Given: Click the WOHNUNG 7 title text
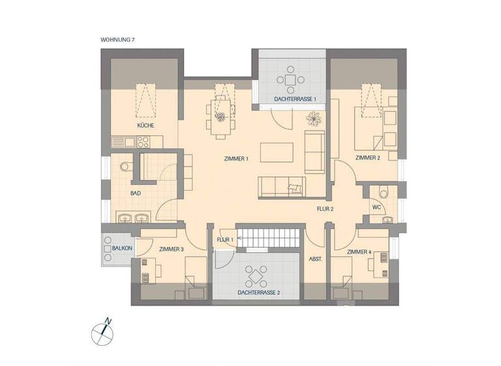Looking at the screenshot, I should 117,40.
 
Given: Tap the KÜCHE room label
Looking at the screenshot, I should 145,125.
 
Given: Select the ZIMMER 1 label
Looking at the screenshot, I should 236,159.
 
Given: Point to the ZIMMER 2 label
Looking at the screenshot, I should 368,158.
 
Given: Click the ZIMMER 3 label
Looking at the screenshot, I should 172,249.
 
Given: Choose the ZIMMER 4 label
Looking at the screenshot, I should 359,252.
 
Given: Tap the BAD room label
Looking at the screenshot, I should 136,193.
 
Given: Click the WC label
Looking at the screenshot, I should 376,207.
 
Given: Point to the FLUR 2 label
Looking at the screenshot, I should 324,209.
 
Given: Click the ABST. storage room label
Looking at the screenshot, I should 316,259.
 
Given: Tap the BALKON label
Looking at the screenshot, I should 122,248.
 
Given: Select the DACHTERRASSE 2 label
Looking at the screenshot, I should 259,293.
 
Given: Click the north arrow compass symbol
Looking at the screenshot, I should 102,331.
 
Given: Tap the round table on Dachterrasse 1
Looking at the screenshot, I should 290,80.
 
